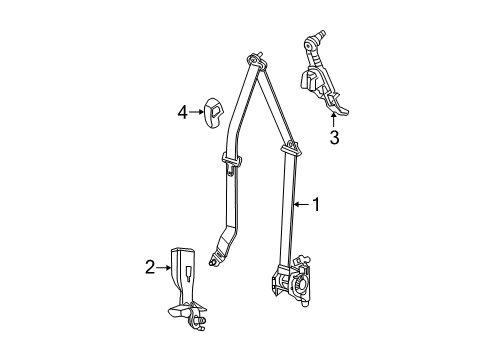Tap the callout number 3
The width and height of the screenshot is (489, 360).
pyautogui.click(x=334, y=138)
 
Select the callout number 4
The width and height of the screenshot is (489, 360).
pyautogui.click(x=182, y=112)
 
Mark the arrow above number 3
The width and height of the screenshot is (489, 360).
pyautogui.click(x=334, y=122)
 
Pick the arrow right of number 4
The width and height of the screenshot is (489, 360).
pyautogui.click(x=197, y=112)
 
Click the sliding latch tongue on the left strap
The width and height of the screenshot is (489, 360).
pyautogui.click(x=230, y=160)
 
